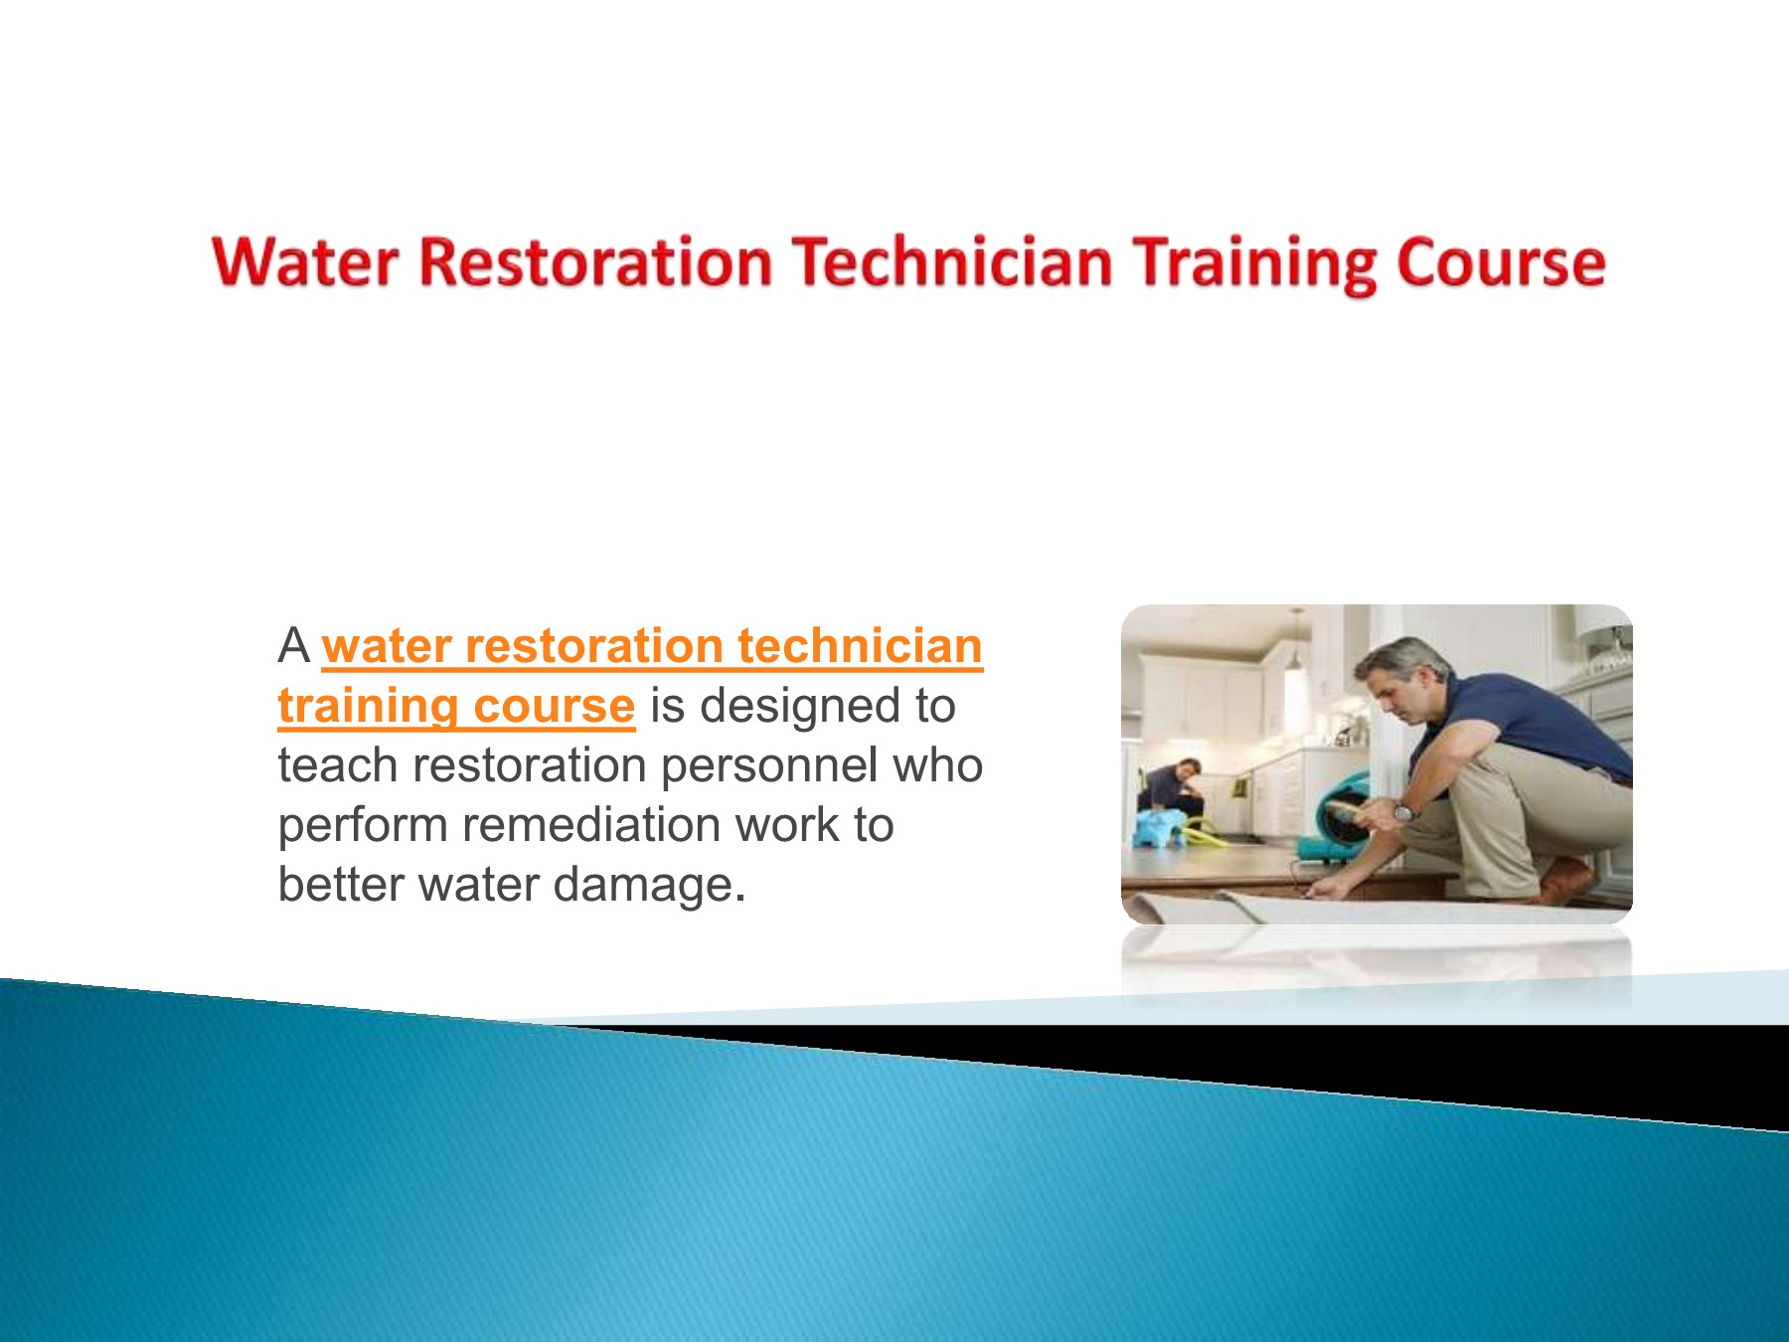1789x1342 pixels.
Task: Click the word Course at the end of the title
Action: pos(1500,263)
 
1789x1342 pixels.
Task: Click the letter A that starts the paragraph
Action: pos(294,646)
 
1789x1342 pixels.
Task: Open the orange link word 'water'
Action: pos(387,646)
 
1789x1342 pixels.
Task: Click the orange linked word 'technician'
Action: pos(860,646)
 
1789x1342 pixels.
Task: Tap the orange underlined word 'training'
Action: pos(367,707)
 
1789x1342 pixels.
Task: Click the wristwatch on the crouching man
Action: pos(1403,812)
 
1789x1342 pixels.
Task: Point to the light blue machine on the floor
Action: pos(1160,827)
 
